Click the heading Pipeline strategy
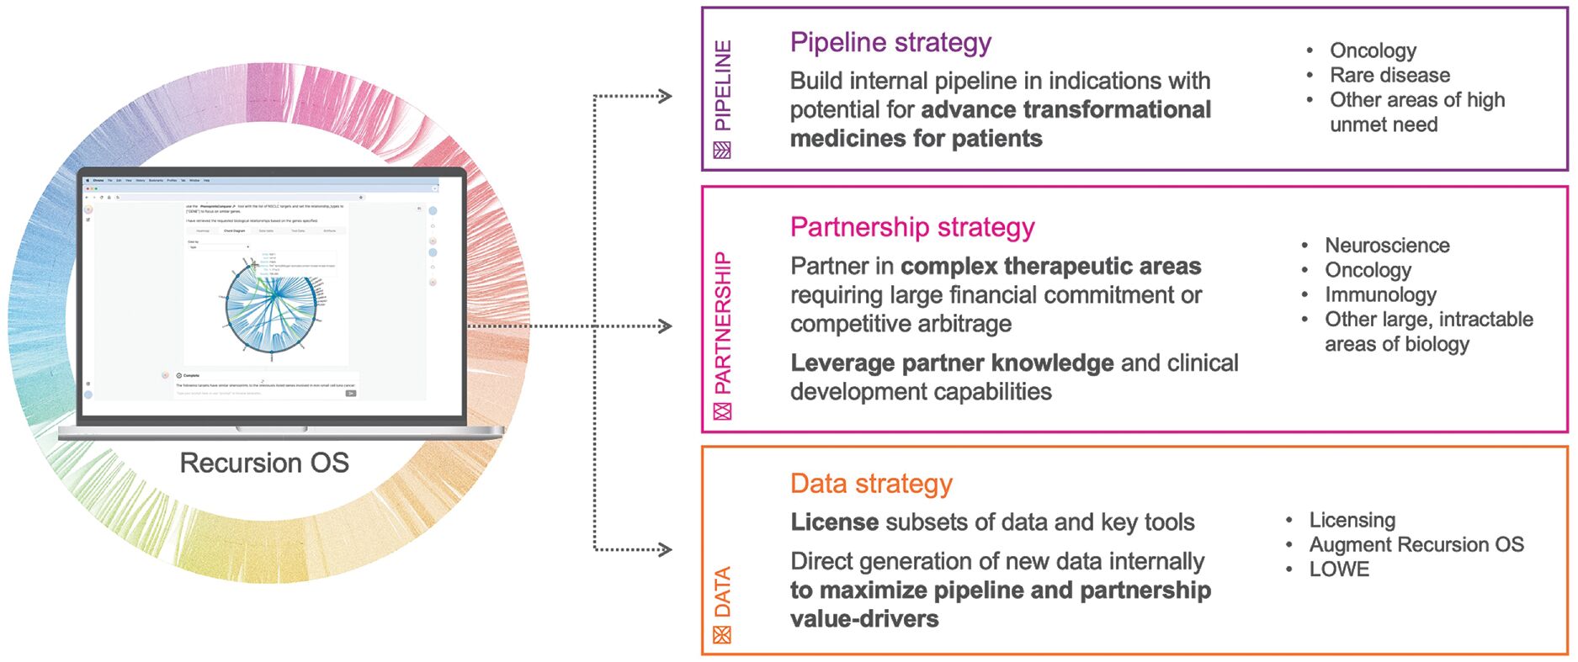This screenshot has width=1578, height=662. pos(890,42)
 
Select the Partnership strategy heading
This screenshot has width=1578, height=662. pos(912,227)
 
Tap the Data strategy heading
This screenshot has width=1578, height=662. pos(871,484)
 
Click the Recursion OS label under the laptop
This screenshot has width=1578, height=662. pos(264,463)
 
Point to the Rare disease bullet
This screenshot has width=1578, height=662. pos(1389,75)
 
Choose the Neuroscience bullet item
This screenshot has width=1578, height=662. pos(1387,246)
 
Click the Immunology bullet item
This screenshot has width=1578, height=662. pos(1380,294)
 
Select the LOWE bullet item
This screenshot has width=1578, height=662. pos(1339,569)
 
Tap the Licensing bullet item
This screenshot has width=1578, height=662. pos(1352,520)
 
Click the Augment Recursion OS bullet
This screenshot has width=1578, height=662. pos(1416,545)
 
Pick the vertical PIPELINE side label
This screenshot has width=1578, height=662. pos(723,86)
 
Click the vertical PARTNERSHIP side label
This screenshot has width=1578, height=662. pos(723,323)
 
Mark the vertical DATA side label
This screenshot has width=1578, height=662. pos(723,592)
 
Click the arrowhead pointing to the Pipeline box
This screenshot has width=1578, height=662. pos(665,96)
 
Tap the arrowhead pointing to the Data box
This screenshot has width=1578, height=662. pos(665,550)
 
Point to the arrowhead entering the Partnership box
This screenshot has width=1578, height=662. pos(665,326)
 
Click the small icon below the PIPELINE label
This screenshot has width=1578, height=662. pos(722,151)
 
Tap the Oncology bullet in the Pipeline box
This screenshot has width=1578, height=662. pos(1373,50)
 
